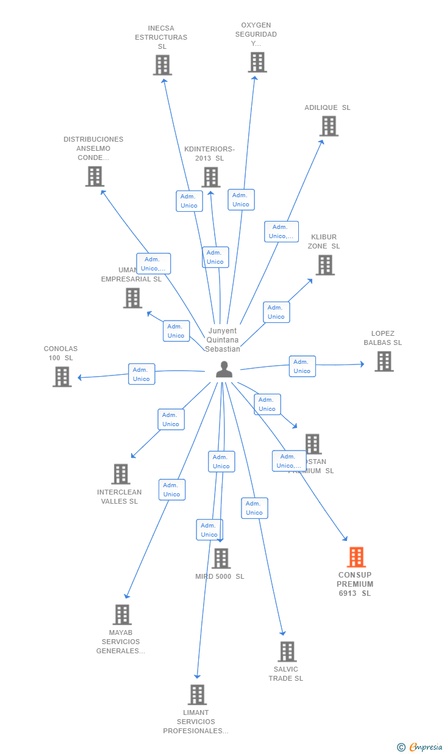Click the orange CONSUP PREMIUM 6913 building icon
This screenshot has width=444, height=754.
(x=356, y=557)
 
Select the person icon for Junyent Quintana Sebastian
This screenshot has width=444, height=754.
(x=224, y=369)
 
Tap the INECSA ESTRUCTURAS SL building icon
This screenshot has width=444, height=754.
(x=162, y=65)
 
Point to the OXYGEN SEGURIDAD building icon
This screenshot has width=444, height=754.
(x=257, y=62)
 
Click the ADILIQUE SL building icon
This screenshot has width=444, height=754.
(x=329, y=126)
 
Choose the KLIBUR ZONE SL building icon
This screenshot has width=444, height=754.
(x=325, y=265)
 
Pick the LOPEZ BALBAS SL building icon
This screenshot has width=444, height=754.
(x=384, y=361)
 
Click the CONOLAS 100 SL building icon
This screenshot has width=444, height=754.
(x=62, y=377)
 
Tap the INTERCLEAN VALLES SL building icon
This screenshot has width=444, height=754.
(x=121, y=474)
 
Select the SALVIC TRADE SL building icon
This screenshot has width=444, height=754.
(x=287, y=651)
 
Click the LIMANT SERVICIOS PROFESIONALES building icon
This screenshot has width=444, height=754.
(x=197, y=695)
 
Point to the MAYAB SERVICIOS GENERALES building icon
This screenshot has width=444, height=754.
(x=122, y=615)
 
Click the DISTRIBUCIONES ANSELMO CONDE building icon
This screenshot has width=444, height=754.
(x=95, y=176)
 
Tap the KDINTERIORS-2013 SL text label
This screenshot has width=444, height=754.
(x=209, y=153)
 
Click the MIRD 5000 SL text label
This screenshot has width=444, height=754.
(x=220, y=576)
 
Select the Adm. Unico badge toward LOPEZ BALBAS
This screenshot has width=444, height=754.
(x=302, y=366)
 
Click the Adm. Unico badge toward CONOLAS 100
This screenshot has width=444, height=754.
(x=141, y=374)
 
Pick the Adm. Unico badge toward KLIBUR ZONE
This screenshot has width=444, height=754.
(x=276, y=312)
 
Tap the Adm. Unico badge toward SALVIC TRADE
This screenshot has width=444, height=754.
(x=254, y=508)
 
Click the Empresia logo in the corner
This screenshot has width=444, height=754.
(x=420, y=747)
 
